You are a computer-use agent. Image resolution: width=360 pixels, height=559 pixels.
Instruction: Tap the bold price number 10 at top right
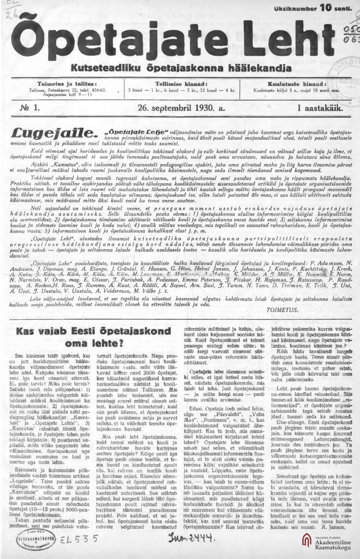click(x=325, y=8)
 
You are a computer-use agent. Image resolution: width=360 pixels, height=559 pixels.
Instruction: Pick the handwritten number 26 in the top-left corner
click(x=8, y=7)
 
